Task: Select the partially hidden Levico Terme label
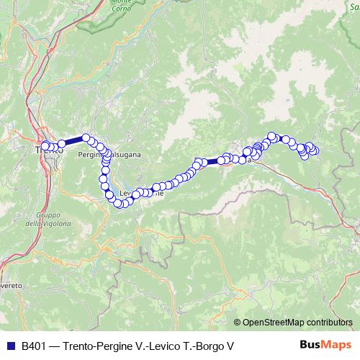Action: point(137,193)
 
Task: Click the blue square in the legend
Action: point(11,346)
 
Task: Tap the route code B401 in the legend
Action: point(35,346)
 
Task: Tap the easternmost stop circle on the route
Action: point(315,150)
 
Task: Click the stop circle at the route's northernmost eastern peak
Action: point(272,135)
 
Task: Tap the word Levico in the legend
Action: point(161,346)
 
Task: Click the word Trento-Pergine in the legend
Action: point(94,346)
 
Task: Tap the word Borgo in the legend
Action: point(207,346)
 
